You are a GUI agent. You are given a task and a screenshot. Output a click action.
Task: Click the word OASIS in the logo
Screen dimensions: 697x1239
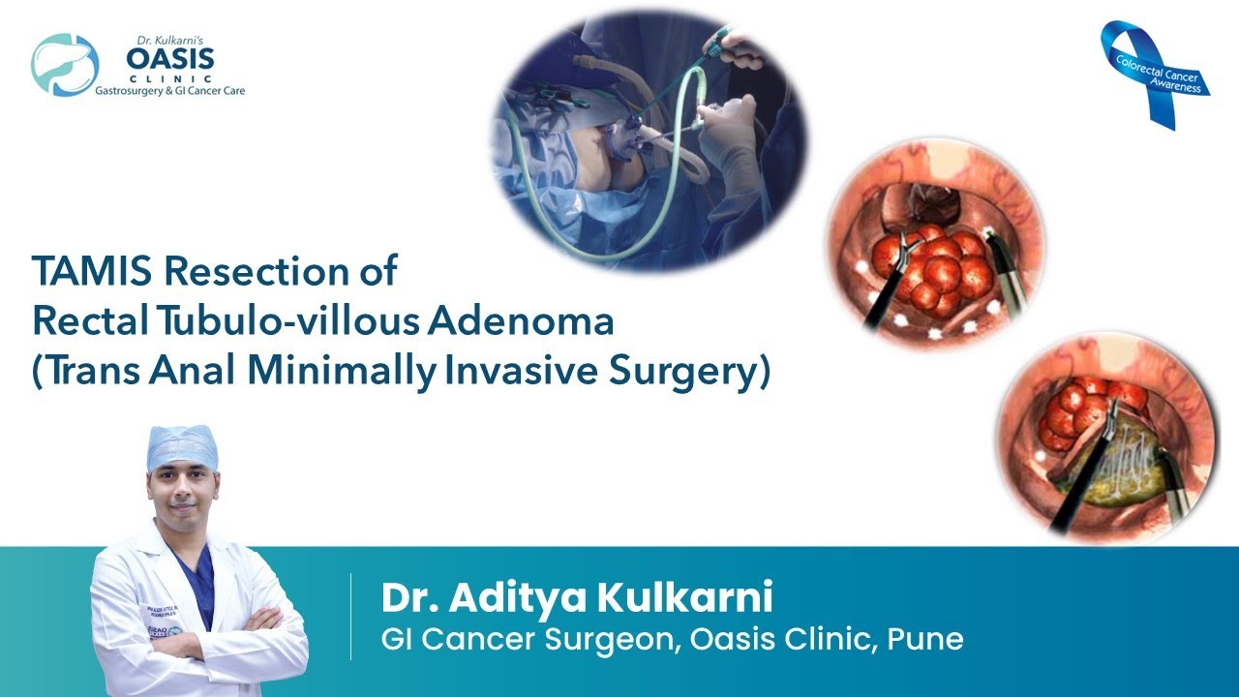coord(170,58)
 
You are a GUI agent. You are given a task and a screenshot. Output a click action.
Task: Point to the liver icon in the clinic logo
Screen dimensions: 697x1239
coord(65,65)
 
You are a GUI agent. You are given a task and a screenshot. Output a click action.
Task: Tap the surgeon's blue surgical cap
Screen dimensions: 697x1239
coord(182,446)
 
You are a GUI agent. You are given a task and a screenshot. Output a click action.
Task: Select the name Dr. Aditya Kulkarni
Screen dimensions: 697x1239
coord(577,597)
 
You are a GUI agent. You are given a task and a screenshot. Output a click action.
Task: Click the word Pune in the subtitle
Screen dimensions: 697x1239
coord(929,639)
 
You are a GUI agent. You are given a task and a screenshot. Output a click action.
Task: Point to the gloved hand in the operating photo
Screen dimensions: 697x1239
coord(726,136)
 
